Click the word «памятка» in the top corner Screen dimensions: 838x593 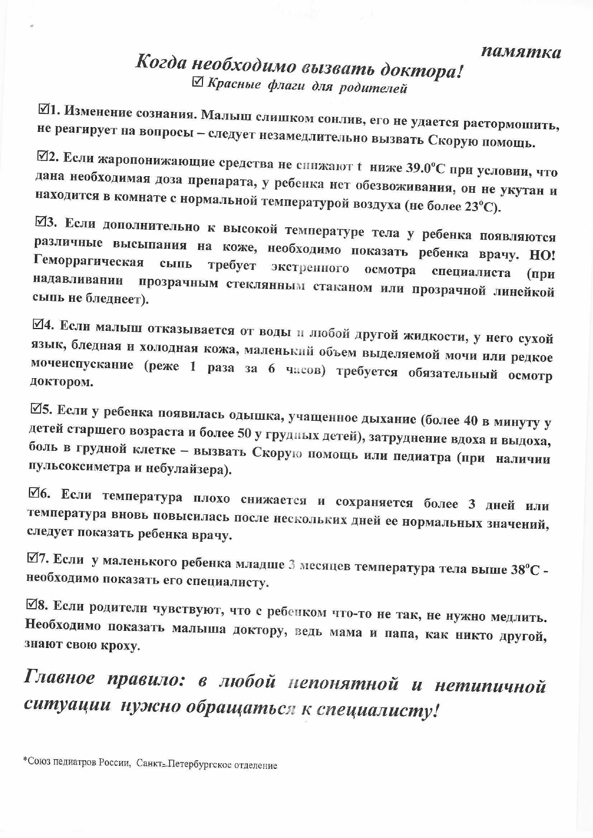click(521, 51)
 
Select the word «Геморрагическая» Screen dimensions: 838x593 click(89, 262)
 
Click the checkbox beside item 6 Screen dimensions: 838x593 click(34, 492)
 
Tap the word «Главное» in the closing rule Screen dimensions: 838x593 click(59, 678)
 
